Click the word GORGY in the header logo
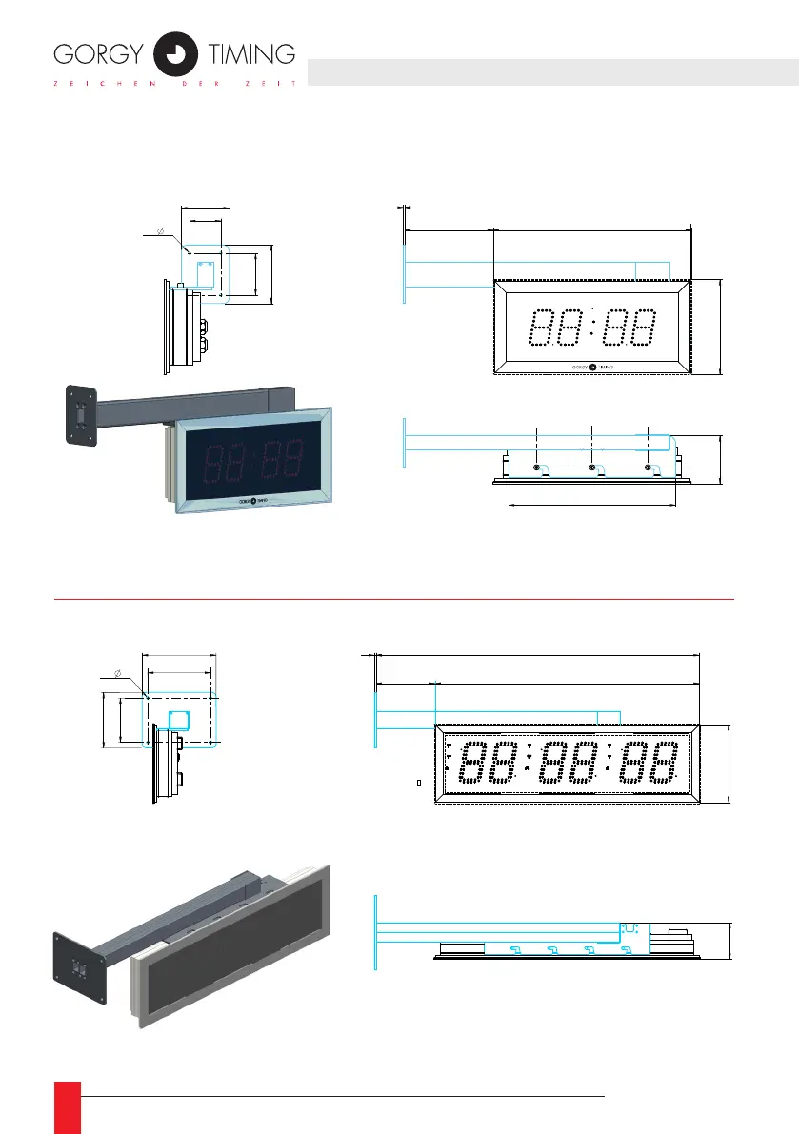pos(99,53)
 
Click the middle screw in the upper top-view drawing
pos(592,468)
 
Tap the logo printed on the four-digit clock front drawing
pos(592,366)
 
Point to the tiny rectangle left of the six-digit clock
pos(419,784)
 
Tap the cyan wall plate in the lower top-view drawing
pos(376,932)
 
